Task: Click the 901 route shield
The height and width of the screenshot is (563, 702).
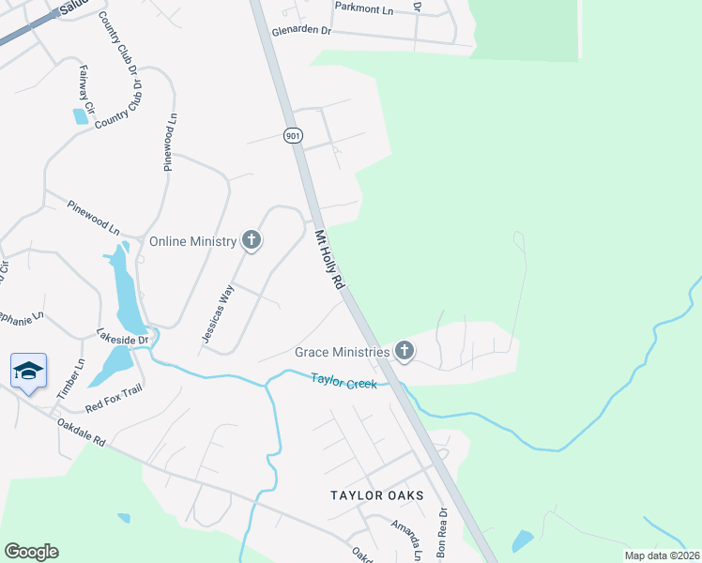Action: click(x=294, y=136)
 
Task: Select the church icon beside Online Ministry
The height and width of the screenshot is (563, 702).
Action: click(x=252, y=241)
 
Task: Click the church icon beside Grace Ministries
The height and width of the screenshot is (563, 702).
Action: click(x=404, y=352)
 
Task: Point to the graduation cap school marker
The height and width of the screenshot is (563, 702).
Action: click(x=29, y=372)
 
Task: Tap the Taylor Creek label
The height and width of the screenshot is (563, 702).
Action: click(x=343, y=382)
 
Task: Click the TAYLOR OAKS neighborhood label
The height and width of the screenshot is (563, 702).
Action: click(x=376, y=495)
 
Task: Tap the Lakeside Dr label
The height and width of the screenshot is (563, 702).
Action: click(x=123, y=336)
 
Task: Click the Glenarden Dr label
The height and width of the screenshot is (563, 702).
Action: click(x=302, y=31)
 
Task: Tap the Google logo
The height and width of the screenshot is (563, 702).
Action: click(x=31, y=552)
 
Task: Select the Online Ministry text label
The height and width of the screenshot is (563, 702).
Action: click(x=193, y=241)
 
